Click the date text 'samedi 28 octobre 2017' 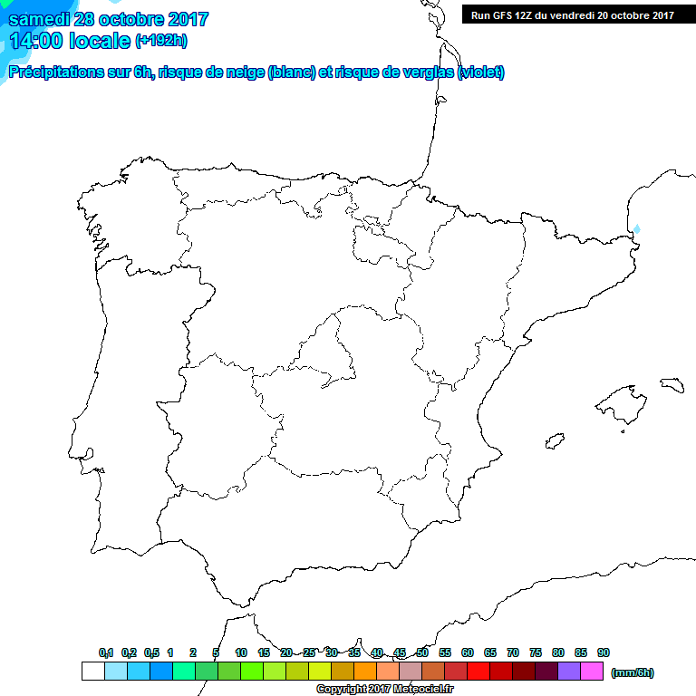[109, 19]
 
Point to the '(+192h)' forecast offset [160, 41]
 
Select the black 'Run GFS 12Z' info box [572, 14]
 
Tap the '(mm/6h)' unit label [632, 672]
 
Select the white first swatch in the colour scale [92, 671]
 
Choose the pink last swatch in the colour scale [592, 671]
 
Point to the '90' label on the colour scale [604, 652]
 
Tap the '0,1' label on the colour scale [106, 652]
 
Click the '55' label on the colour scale [445, 652]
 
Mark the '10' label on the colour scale [241, 652]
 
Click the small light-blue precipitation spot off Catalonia [636, 229]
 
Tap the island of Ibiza [555, 441]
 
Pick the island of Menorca [672, 383]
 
